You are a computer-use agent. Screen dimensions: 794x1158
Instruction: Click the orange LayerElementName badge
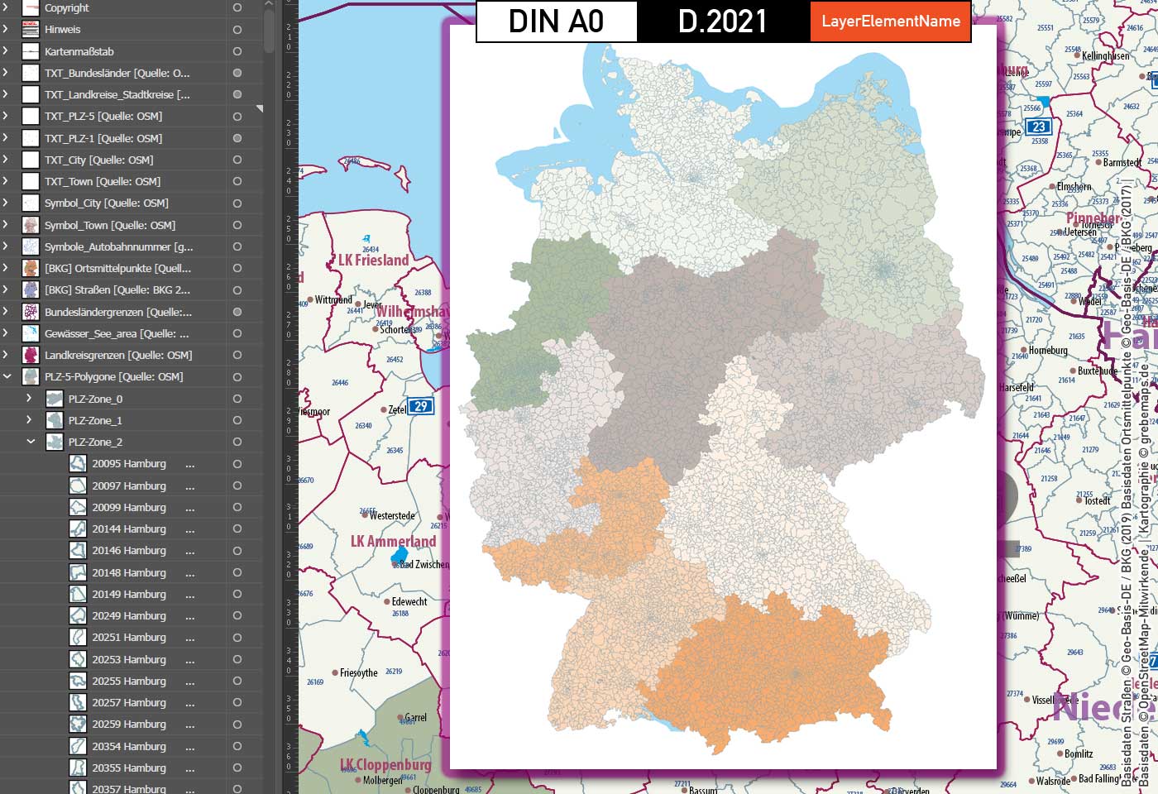click(x=890, y=22)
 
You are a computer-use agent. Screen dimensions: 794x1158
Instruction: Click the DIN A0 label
click(x=556, y=22)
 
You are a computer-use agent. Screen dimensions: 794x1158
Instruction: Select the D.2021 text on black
click(x=722, y=22)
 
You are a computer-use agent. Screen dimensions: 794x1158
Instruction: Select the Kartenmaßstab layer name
click(x=79, y=51)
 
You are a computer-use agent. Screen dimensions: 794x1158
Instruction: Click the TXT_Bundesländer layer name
click(x=117, y=73)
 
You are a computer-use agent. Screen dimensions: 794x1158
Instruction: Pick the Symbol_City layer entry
click(x=106, y=203)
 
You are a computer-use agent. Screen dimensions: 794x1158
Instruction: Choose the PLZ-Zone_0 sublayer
click(x=95, y=399)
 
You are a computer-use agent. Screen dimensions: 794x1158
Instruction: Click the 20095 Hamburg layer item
click(x=129, y=464)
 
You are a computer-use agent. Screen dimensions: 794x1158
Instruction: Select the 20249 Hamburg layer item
click(x=129, y=615)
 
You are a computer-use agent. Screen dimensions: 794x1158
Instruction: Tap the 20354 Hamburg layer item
click(x=129, y=746)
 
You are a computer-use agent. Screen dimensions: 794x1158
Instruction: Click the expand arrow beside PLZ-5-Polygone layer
click(x=7, y=376)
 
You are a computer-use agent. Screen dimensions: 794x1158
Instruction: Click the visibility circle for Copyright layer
click(x=237, y=7)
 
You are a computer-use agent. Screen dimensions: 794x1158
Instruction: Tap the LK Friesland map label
click(x=374, y=260)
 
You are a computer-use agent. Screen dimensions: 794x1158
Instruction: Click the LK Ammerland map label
click(x=393, y=541)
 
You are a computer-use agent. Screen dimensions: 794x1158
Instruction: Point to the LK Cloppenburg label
click(x=386, y=764)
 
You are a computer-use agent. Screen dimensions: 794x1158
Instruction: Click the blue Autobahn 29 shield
click(x=421, y=406)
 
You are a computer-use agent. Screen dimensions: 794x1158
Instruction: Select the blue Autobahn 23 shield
click(x=1038, y=127)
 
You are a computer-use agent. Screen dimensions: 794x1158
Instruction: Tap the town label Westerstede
click(x=392, y=515)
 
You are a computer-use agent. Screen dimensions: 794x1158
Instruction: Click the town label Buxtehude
click(x=1098, y=371)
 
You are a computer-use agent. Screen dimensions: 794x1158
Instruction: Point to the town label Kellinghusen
click(x=1106, y=55)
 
